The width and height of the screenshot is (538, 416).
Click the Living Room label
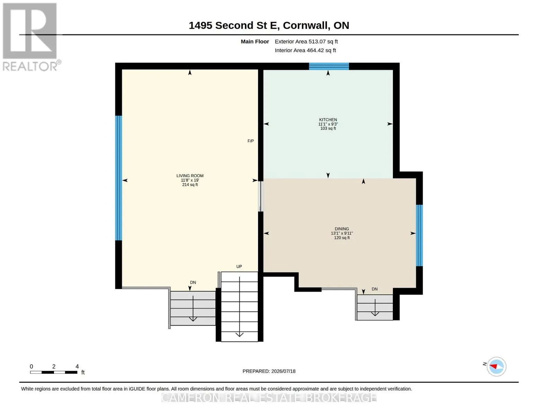click(x=190, y=176)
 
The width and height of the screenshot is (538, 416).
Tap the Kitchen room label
click(x=328, y=120)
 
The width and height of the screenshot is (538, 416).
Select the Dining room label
click(x=342, y=229)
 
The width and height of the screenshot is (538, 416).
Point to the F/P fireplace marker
click(x=250, y=141)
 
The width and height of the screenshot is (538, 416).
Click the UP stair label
click(x=239, y=267)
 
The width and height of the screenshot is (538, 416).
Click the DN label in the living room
click(x=193, y=283)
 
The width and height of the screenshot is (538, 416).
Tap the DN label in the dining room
click(x=374, y=289)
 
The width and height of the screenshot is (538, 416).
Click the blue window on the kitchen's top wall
click(x=329, y=67)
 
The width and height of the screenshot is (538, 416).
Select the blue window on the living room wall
click(x=118, y=178)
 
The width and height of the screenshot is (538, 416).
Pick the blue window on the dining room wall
click(x=419, y=235)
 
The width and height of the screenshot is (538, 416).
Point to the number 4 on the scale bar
click(x=77, y=366)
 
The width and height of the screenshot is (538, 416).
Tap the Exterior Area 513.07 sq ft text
click(x=306, y=42)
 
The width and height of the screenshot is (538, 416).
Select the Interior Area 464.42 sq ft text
click(x=305, y=50)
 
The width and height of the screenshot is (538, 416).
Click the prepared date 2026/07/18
click(x=283, y=371)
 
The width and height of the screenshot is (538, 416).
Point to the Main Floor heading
click(x=255, y=42)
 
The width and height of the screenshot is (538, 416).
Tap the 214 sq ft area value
click(x=190, y=184)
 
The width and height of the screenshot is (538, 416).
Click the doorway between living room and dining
click(x=260, y=196)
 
